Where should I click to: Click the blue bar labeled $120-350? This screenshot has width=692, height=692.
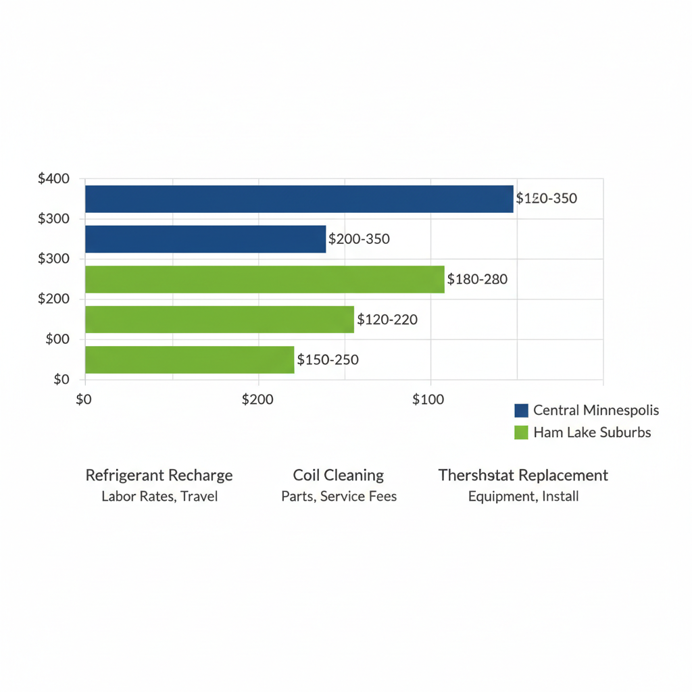coord(299,199)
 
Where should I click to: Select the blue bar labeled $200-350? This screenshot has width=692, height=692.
coord(205,239)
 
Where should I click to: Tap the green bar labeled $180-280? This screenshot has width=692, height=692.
coord(264,279)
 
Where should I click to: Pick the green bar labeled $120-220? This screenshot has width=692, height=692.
coord(220,319)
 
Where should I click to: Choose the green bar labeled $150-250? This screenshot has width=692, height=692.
coord(189,360)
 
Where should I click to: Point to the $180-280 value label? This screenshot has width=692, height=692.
coord(477,279)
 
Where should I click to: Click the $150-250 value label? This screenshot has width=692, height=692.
coord(328,360)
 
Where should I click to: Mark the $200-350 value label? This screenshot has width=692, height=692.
coord(359,239)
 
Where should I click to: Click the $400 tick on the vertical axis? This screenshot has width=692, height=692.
coord(54,179)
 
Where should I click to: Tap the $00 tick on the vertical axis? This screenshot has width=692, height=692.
coord(57,339)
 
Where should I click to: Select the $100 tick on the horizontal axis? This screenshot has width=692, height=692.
coord(428,399)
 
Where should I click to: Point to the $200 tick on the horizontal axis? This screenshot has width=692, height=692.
coord(257,399)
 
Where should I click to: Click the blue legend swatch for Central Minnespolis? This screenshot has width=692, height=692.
coord(521,410)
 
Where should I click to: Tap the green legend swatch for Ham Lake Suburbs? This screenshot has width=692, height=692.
coord(521,432)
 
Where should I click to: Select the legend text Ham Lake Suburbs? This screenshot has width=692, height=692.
coord(592,432)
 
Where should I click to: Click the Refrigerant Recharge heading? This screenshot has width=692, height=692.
coord(159,475)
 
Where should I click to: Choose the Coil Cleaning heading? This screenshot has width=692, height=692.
coord(339,475)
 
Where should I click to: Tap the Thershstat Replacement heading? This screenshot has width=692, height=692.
coord(523,475)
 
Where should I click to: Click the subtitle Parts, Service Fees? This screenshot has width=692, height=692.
coord(339,497)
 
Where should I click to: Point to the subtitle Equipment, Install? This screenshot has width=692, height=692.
coord(523,497)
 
